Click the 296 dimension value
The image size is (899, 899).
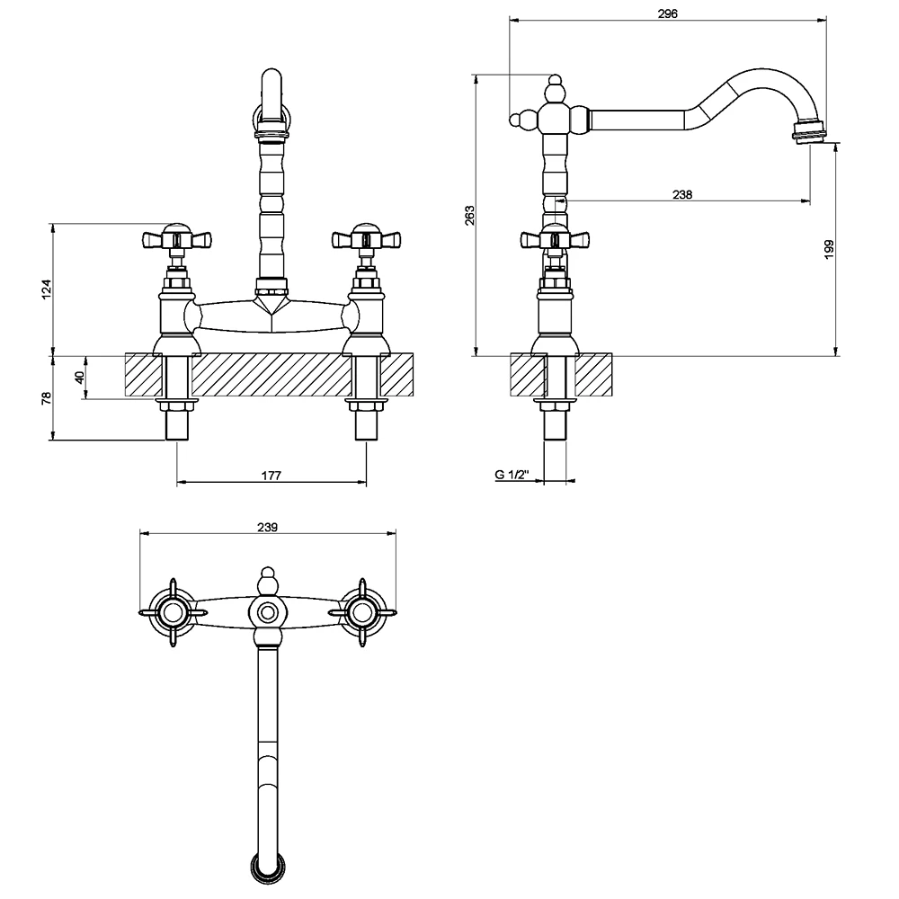667,13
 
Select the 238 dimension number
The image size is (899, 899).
682,195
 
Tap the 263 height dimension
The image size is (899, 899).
469,215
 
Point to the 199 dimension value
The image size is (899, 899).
829,249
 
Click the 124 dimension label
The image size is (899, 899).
47,289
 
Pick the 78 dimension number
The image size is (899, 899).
47,397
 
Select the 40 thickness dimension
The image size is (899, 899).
80,377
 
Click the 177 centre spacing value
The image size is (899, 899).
271,476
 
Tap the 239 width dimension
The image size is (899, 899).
267,527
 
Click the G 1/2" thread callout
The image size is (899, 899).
512,475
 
